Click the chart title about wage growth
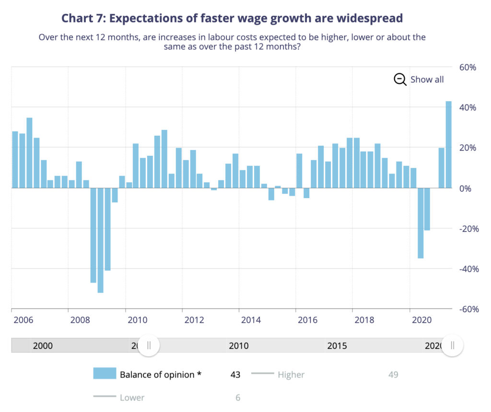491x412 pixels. point(232,18)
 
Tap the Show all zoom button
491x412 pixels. point(419,80)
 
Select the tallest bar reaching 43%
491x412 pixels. point(449,144)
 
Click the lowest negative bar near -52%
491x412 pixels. point(100,240)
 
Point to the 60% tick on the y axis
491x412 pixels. point(468,68)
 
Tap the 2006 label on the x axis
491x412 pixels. point(23,320)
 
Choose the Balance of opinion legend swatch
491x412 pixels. point(105,374)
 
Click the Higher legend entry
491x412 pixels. point(291,375)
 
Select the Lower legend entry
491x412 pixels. point(132,398)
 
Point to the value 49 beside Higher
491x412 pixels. point(393,375)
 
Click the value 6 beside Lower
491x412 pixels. point(238,398)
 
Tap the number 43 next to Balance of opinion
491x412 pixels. point(235,375)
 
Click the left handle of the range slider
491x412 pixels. point(149,345)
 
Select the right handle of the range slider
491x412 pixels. point(452,345)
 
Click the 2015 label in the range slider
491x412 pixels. point(337,346)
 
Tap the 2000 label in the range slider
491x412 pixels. point(43,346)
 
